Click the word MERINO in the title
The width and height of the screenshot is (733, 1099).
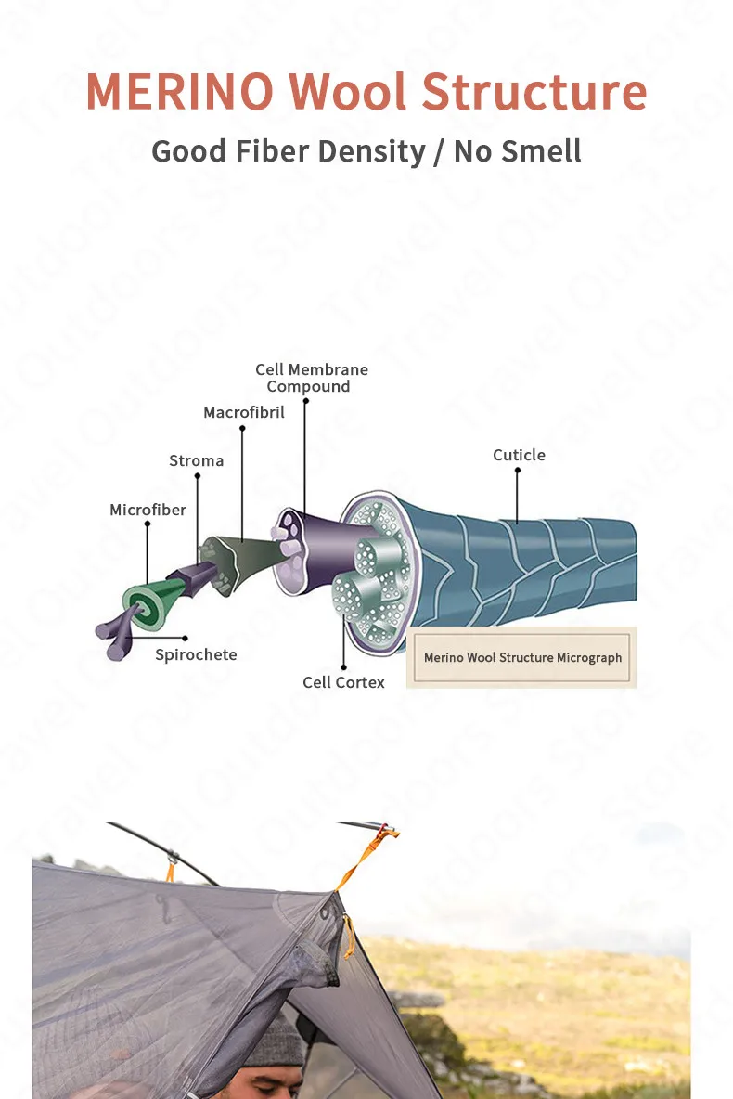[x=179, y=92]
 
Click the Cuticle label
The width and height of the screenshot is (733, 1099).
[x=519, y=455]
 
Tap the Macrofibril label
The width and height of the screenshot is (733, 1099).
[x=244, y=412]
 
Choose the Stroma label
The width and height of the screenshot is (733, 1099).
[x=196, y=460]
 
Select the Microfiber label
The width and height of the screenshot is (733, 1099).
[x=148, y=510]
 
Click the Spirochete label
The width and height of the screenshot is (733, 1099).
[x=196, y=654]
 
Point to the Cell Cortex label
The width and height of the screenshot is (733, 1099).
[x=343, y=682]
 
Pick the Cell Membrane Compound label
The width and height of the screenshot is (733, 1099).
[x=311, y=378]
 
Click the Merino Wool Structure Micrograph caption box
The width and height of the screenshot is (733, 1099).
[x=522, y=657]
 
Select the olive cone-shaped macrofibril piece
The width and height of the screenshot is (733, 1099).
[x=232, y=561]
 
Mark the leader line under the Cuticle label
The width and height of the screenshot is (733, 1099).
[x=518, y=497]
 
